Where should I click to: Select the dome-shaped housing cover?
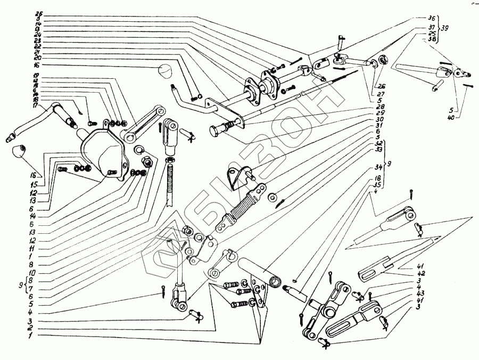[x=104, y=152]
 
